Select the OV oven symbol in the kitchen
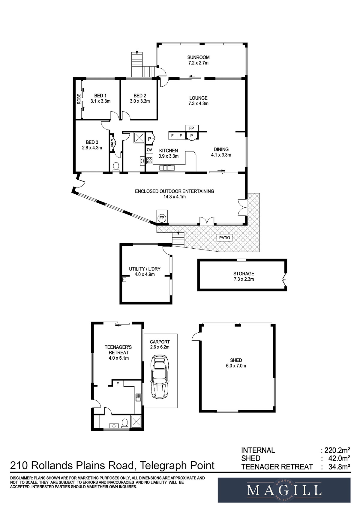coord(149,149)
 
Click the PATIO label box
coord(224,238)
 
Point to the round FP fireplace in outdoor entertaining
coord(162,218)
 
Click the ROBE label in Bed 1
coord(79,99)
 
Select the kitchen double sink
coord(167,168)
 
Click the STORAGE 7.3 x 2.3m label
coord(244,276)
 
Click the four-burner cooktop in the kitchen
coord(149,161)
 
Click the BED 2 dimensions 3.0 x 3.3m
coord(140,101)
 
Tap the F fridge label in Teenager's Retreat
coord(118,384)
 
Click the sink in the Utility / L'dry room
coord(124,279)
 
